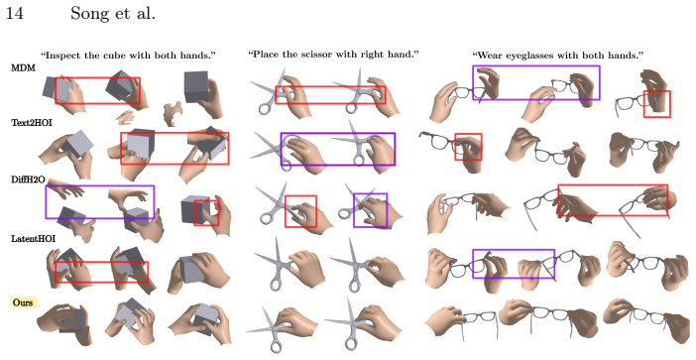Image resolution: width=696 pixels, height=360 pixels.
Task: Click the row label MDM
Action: (x=23, y=67)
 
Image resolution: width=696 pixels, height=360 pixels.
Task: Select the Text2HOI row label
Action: (x=32, y=123)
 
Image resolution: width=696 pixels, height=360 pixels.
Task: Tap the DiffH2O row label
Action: (x=28, y=180)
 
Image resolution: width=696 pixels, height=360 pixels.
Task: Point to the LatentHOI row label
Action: (x=34, y=239)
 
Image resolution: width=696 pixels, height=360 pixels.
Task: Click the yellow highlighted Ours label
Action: (x=23, y=302)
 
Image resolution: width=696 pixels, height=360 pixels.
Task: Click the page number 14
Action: (x=14, y=13)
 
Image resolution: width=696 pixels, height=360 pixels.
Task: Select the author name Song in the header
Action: (x=89, y=13)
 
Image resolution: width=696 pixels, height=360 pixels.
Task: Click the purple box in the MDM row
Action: (x=536, y=66)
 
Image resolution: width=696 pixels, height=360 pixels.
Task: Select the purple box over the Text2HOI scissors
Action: (x=338, y=133)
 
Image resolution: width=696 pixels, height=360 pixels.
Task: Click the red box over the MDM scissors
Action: (x=330, y=87)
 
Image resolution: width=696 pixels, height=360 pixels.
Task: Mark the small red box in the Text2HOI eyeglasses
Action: (x=468, y=134)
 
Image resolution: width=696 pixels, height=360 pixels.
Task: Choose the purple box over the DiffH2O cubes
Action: (x=100, y=186)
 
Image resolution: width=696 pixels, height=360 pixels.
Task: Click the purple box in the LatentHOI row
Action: (x=514, y=250)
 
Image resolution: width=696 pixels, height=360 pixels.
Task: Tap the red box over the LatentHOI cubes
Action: (x=102, y=263)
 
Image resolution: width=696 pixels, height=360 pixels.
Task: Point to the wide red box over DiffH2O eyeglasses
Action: (x=613, y=185)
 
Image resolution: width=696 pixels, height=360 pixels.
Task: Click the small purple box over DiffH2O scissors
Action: (x=370, y=194)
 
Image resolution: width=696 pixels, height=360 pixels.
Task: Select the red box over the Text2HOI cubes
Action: (x=174, y=133)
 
